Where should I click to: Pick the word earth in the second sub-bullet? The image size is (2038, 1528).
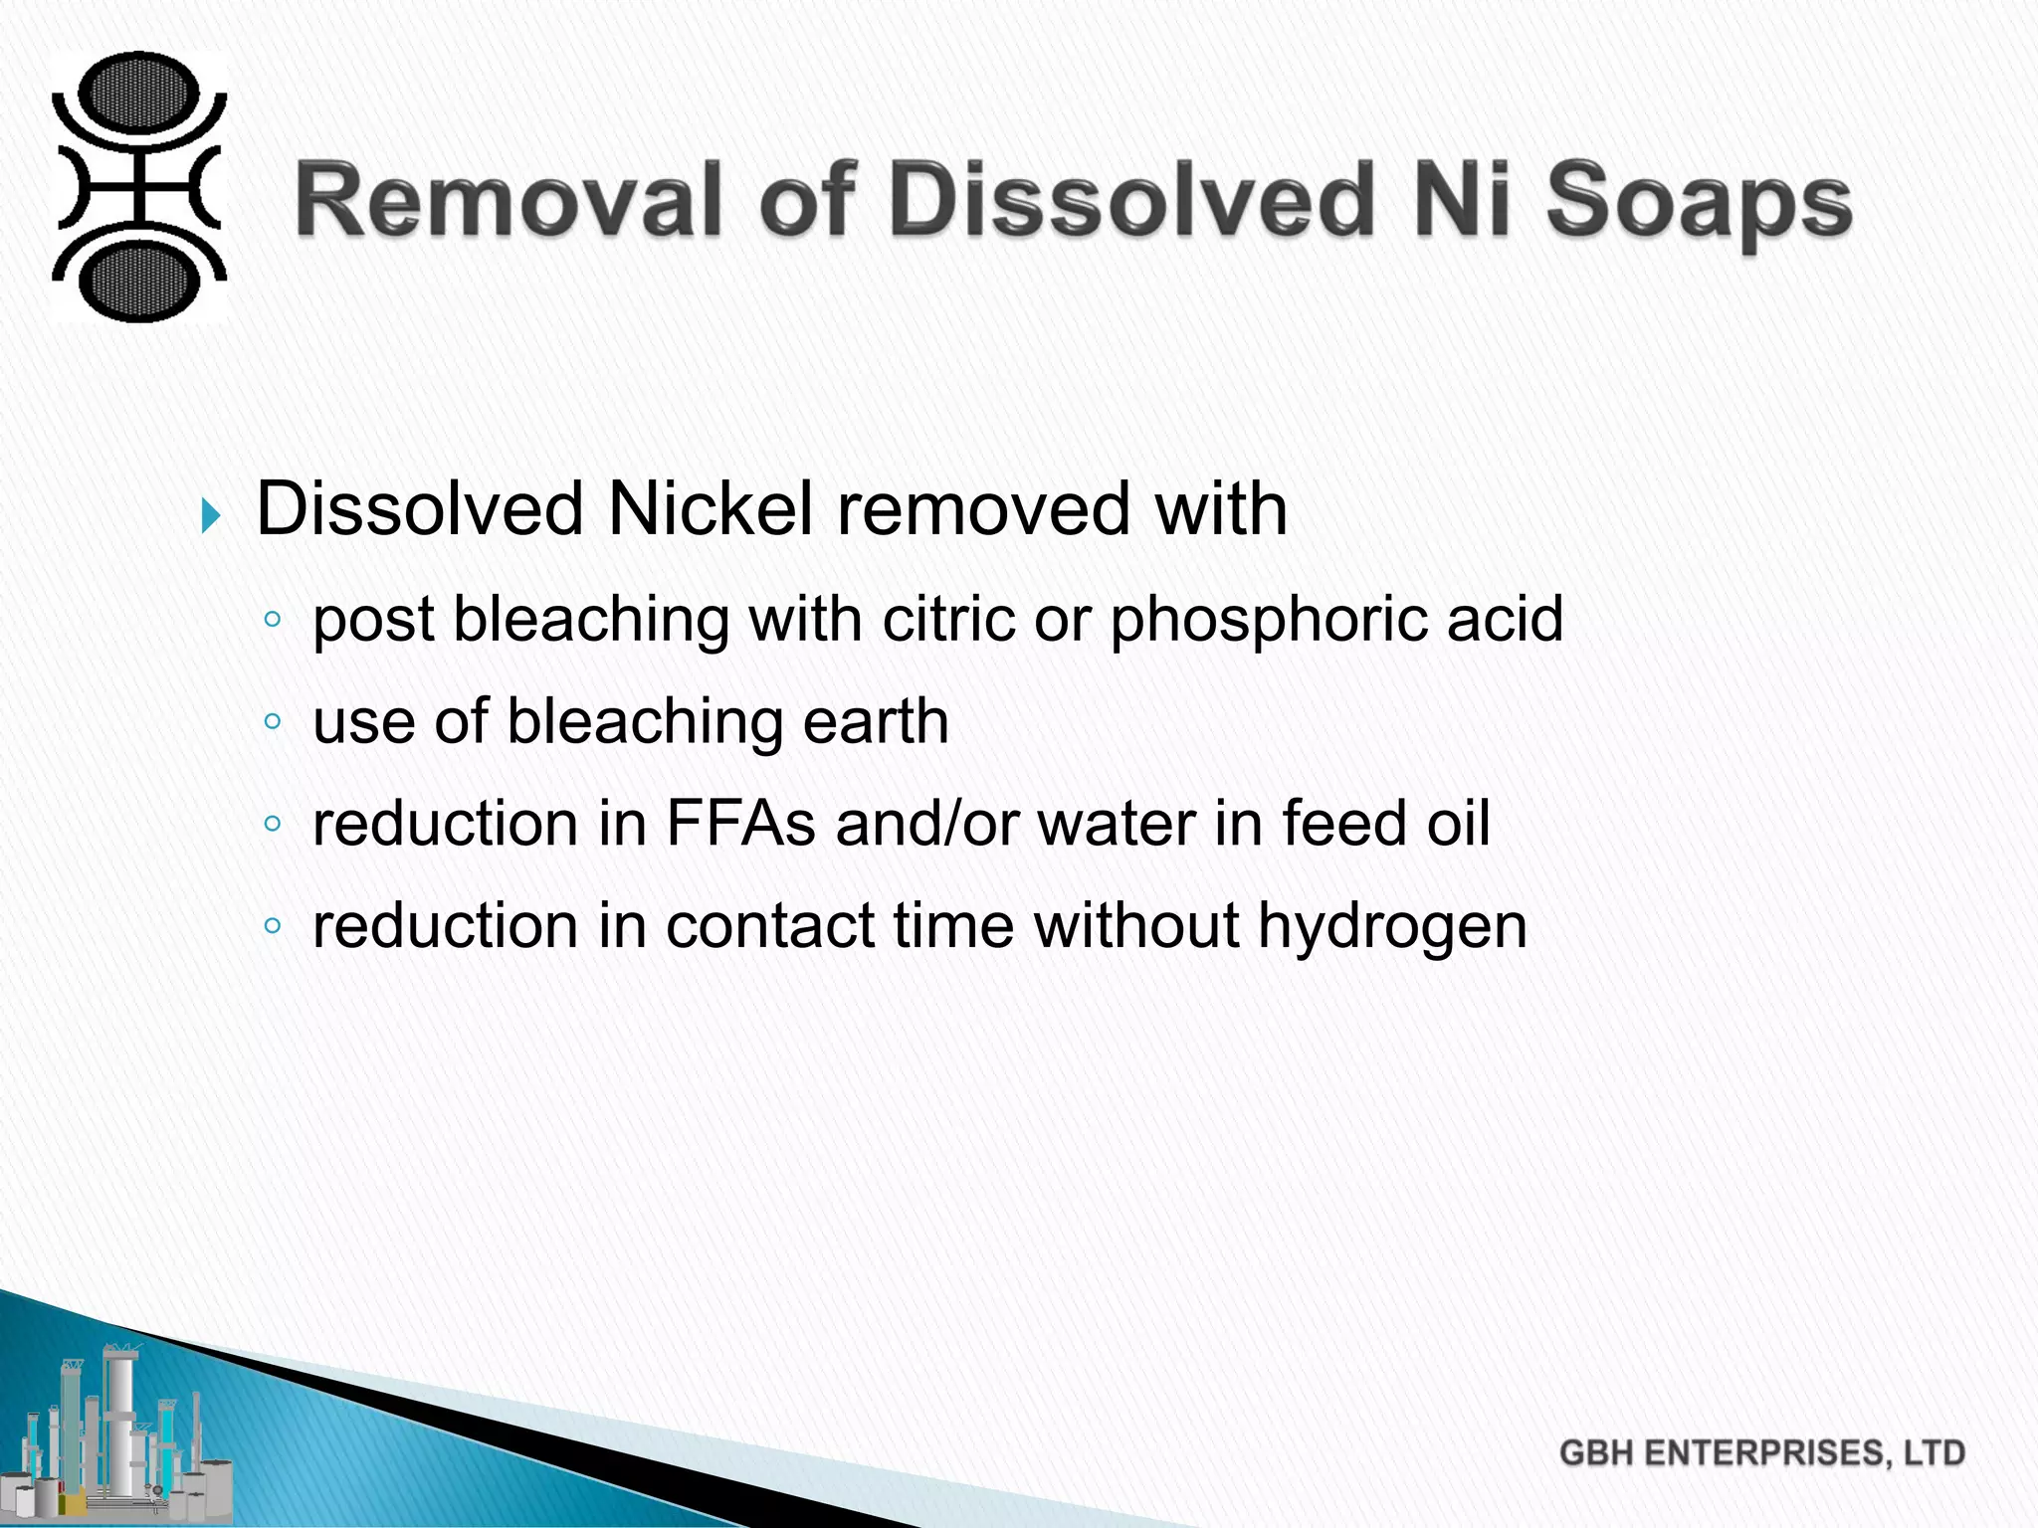(875, 721)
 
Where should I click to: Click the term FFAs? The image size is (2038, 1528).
(740, 824)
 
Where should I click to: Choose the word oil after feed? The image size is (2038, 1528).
(1458, 824)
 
